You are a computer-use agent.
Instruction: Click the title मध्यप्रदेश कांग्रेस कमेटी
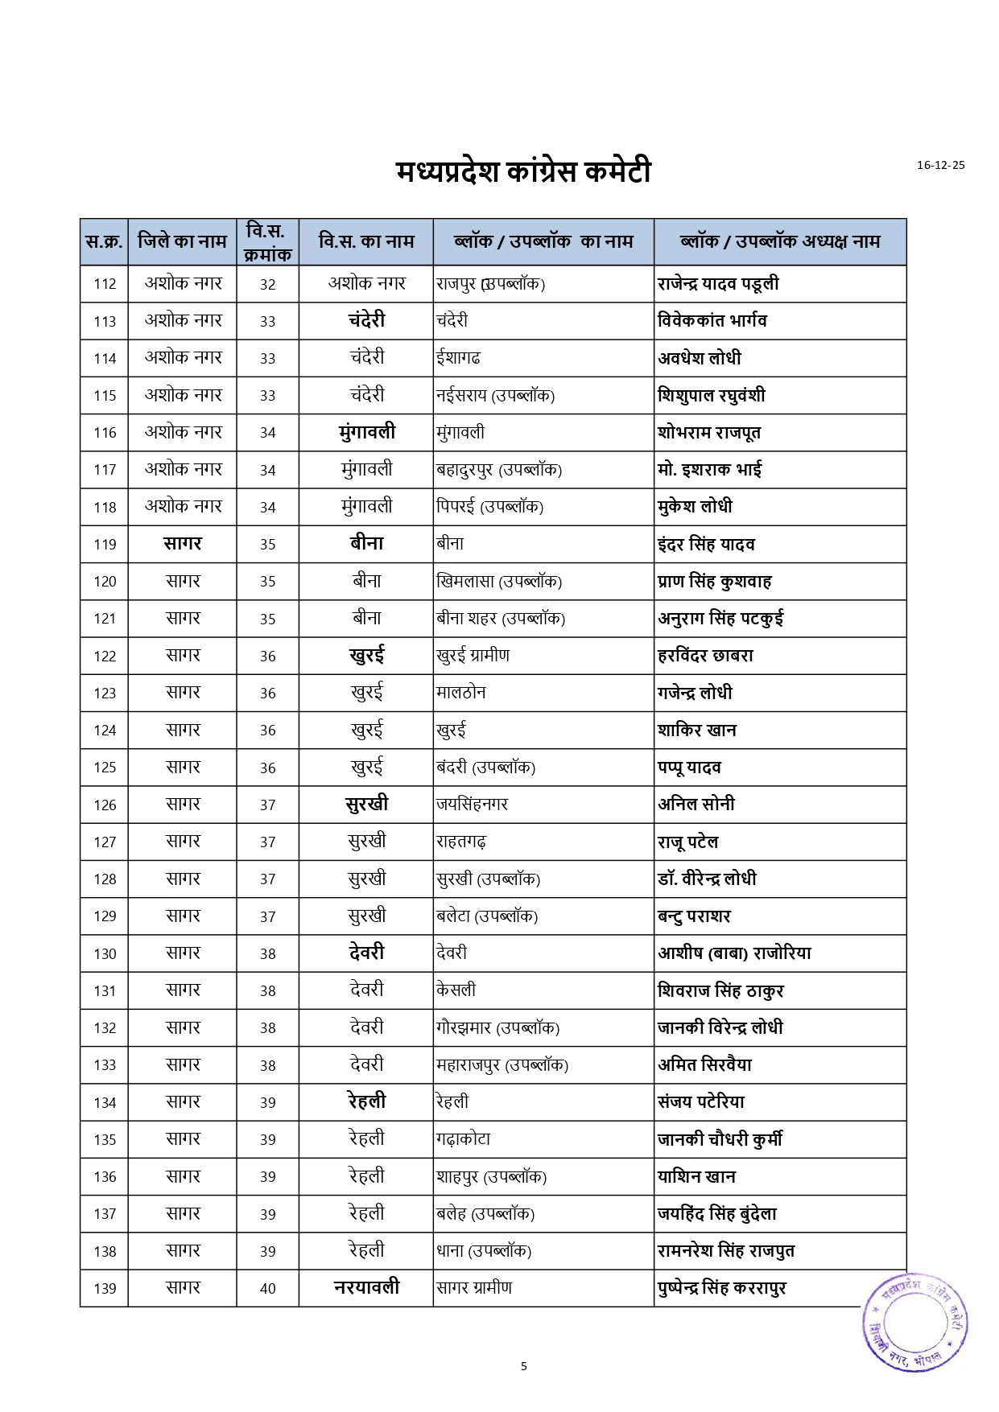(522, 171)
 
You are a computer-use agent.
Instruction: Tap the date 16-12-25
(940, 165)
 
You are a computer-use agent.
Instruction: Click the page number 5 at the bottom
(524, 1365)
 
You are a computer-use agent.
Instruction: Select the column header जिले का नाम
(182, 241)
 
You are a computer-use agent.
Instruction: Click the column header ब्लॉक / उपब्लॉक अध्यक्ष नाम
(779, 241)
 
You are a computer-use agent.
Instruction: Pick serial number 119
(105, 545)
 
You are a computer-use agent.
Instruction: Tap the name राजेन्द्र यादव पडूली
(718, 284)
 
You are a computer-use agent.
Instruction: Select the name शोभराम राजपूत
(708, 433)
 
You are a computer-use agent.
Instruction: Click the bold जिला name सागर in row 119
(183, 544)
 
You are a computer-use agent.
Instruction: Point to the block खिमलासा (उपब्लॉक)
(498, 582)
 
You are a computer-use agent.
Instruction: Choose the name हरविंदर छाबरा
(705, 656)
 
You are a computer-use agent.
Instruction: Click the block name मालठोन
(460, 693)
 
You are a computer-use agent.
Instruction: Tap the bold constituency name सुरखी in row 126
(366, 804)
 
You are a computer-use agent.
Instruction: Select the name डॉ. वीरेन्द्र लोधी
(707, 879)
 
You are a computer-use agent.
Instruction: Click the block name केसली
(456, 990)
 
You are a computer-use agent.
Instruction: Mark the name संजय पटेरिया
(701, 1102)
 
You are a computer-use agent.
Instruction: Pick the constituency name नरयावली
(366, 1287)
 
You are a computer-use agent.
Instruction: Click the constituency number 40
(268, 1289)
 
